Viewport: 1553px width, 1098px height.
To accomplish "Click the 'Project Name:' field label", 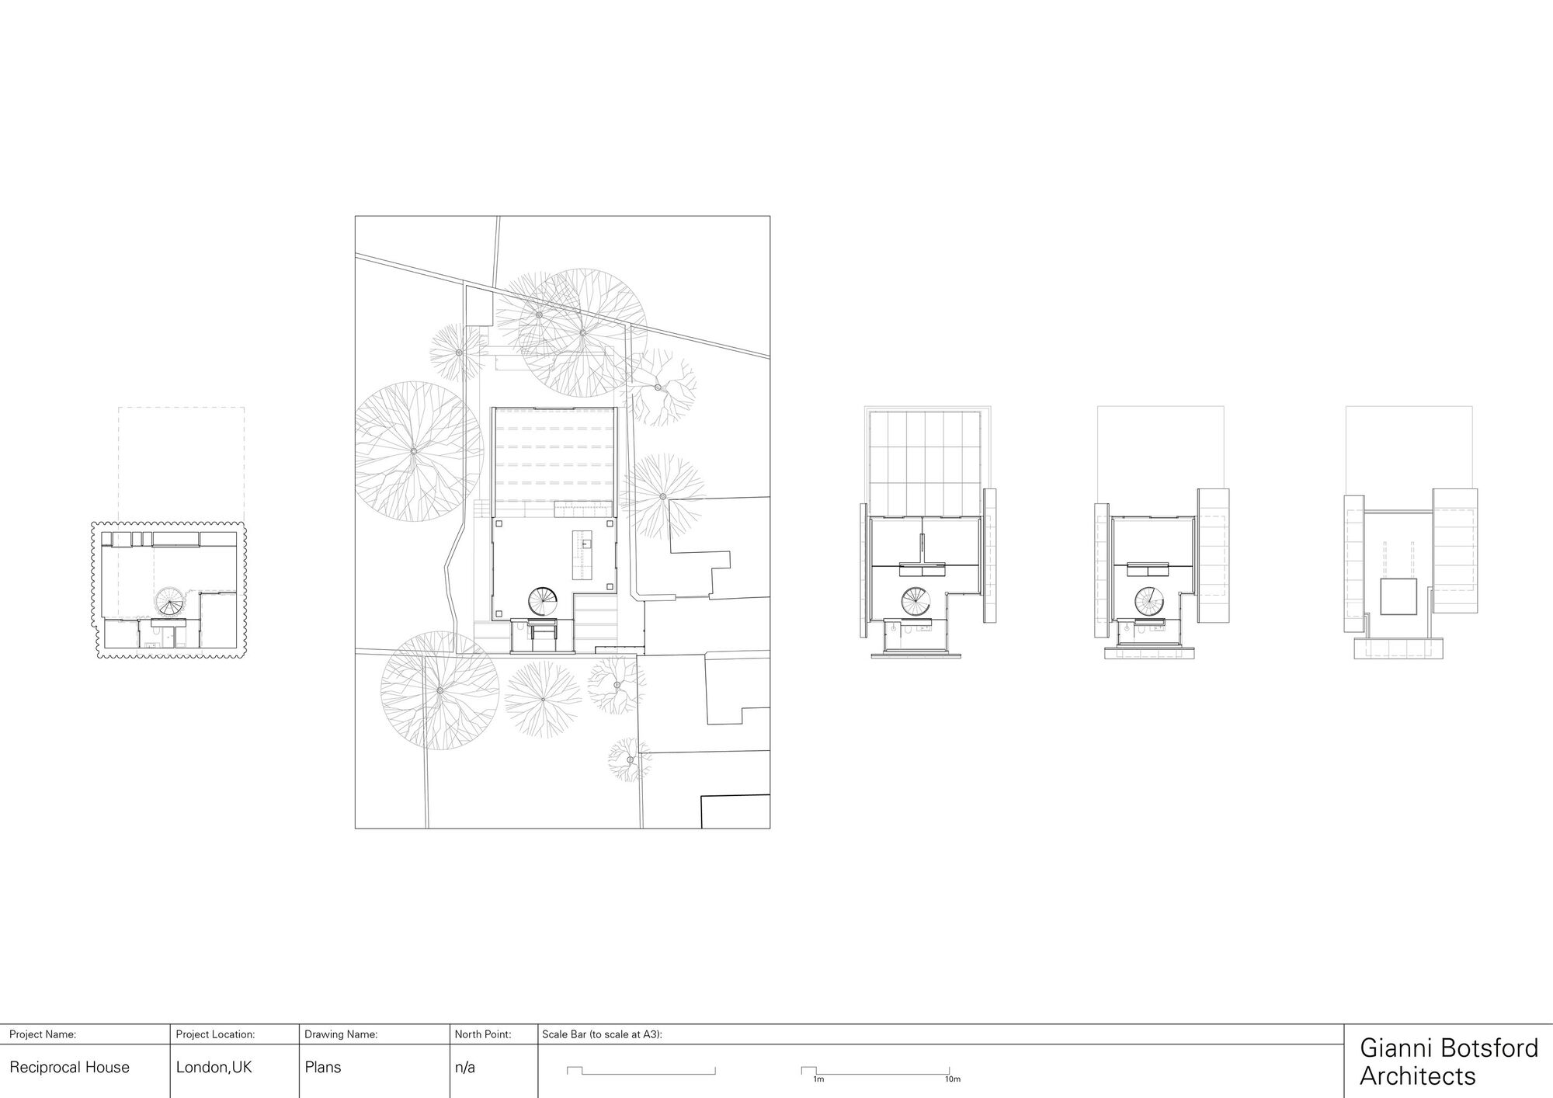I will [x=42, y=1034].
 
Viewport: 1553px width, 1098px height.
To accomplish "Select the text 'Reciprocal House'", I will [x=69, y=1068].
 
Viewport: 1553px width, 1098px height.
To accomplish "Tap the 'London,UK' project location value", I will [x=214, y=1068].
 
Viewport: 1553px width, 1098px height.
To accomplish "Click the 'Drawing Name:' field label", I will [x=341, y=1034].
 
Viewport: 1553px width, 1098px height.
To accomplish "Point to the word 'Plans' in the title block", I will [x=323, y=1068].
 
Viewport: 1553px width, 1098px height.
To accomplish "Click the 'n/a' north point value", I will [x=464, y=1068].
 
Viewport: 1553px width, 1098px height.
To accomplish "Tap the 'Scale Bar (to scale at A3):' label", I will [x=602, y=1034].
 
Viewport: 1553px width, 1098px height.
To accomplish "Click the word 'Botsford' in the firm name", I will [x=1491, y=1048].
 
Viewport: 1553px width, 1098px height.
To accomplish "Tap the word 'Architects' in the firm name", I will [x=1417, y=1076].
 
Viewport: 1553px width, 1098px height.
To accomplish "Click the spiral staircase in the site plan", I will [x=544, y=599].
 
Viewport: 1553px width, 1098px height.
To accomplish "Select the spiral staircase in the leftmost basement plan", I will [x=169, y=601].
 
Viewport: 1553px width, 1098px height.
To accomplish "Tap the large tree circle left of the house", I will [x=413, y=450].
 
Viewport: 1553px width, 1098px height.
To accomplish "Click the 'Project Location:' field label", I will [x=215, y=1034].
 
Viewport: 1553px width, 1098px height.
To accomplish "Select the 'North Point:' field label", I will [x=482, y=1034].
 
